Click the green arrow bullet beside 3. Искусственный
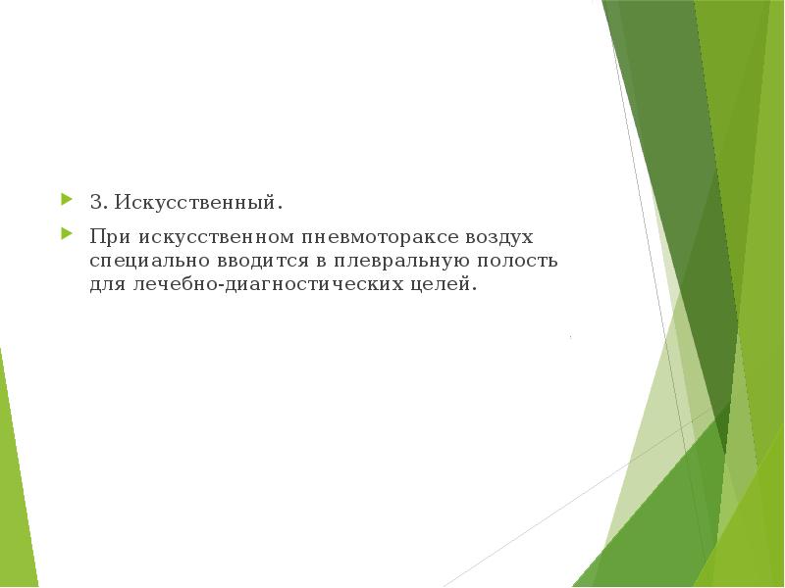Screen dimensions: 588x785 click(66, 200)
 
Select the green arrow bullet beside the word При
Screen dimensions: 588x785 click(66, 234)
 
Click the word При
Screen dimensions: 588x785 click(110, 237)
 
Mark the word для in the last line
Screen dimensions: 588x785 click(105, 287)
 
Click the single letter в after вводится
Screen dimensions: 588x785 click(318, 262)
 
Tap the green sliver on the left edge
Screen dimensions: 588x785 click(14, 470)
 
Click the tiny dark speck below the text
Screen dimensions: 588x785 click(571, 337)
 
